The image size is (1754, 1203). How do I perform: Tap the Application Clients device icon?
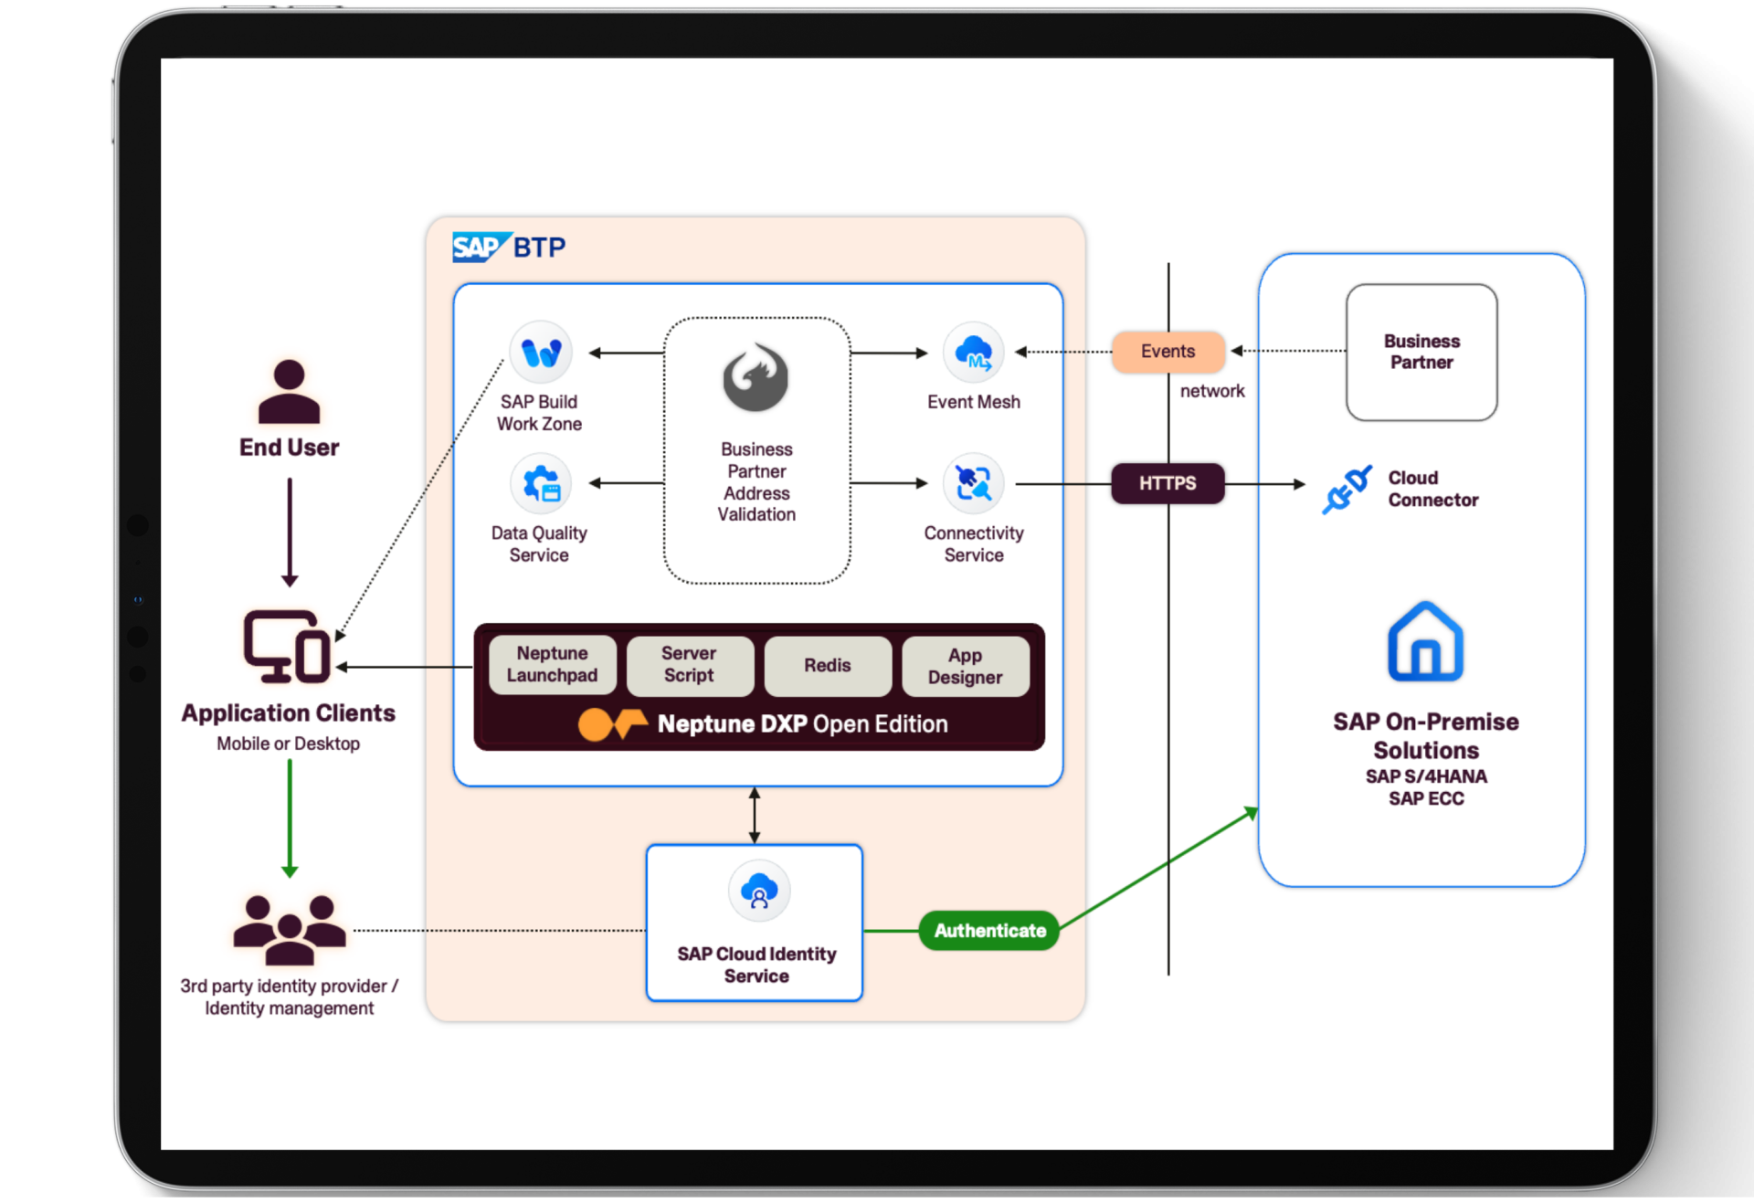coord(287,647)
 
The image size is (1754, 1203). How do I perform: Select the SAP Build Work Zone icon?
coord(541,353)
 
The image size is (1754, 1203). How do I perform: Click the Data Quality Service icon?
coord(541,484)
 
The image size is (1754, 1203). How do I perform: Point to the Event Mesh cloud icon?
coord(974,353)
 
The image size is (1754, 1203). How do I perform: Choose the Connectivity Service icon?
coord(974,484)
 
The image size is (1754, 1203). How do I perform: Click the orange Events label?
coord(1168,352)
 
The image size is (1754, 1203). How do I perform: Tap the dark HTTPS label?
coord(1168,483)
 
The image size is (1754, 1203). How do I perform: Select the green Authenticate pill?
coord(989,931)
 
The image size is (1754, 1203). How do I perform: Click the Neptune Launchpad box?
coord(552,665)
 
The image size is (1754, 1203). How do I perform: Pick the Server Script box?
coord(690,665)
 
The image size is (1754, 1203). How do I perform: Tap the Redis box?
coord(828,665)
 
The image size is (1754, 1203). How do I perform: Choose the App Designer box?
coord(966,666)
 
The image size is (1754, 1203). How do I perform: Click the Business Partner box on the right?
coord(1421,352)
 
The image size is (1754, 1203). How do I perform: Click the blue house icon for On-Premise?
coord(1425,642)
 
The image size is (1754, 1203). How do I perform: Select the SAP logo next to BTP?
coord(478,248)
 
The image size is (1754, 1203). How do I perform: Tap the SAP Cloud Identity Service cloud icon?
coord(758,891)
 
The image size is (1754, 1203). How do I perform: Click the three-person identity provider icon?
coord(290,930)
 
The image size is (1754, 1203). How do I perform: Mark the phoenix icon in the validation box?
coord(756,378)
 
